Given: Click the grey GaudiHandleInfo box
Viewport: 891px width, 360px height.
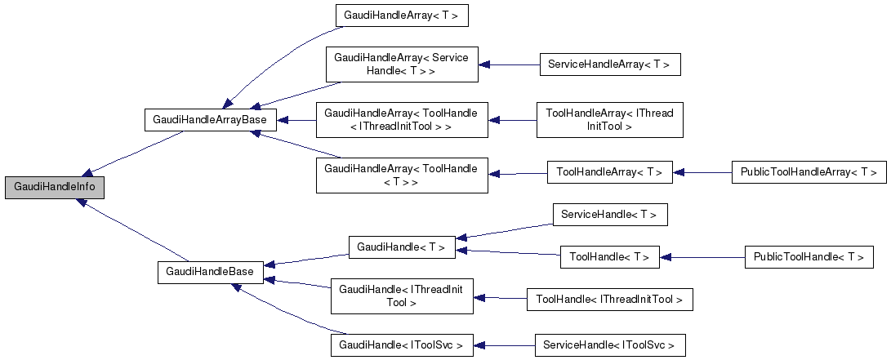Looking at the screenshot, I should coord(55,187).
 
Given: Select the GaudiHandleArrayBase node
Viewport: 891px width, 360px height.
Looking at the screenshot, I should coord(211,119).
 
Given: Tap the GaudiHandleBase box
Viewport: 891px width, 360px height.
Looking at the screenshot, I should coord(210,271).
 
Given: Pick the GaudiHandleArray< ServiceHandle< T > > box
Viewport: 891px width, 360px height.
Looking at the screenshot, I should coord(401,64).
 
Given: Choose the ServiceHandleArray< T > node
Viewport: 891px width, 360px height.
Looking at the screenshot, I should coord(609,64).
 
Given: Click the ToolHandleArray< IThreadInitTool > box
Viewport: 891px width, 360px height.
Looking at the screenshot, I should coord(608,119).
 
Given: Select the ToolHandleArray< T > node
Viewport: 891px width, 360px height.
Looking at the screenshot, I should coord(609,172).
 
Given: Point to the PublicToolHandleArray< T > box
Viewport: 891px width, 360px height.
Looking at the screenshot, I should coord(809,172).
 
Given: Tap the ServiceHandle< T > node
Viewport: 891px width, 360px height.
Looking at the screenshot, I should coord(610,215).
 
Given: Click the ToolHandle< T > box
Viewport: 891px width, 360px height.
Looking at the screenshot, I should coord(609,257).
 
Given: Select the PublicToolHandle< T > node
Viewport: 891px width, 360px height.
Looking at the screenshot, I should coord(809,257).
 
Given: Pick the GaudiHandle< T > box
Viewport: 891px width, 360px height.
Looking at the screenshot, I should coord(401,247).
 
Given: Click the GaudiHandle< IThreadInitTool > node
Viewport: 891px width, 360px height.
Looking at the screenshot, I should coord(401,296).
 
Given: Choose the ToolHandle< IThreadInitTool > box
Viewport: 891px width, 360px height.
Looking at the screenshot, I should coord(609,300).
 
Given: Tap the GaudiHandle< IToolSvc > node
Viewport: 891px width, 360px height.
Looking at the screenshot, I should coord(401,345).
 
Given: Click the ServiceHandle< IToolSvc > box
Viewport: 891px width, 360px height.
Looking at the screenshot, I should coord(609,345).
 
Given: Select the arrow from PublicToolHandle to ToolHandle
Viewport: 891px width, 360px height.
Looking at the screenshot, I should coord(702,257).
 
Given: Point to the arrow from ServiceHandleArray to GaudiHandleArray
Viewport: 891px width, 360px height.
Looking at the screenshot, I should coord(509,64).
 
